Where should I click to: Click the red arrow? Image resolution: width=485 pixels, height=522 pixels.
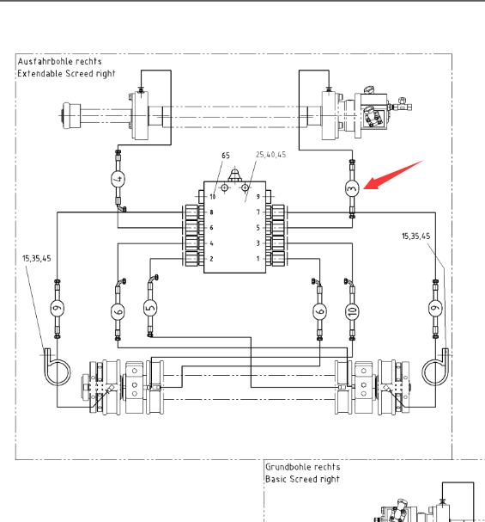point(392,175)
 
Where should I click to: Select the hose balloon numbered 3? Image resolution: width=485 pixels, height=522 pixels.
point(352,188)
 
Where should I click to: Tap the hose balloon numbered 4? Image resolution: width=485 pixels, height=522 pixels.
point(118,179)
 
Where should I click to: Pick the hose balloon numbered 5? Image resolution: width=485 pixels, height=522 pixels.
point(150,308)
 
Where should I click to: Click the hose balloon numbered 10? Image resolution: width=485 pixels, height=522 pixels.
point(352,311)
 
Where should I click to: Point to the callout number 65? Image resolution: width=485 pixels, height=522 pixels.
point(226,156)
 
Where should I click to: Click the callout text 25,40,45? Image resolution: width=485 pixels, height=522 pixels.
point(270,155)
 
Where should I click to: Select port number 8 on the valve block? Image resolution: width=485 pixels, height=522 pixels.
point(211,212)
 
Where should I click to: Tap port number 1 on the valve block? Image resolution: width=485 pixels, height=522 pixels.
point(258,259)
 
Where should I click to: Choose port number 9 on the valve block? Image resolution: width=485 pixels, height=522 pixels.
point(258,196)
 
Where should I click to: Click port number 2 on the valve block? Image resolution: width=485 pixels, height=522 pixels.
point(211,259)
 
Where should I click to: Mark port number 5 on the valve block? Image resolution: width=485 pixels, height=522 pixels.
point(258,228)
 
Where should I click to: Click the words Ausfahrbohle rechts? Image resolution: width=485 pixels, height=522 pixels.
point(59,61)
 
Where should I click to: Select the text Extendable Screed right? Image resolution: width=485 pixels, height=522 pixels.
point(66,74)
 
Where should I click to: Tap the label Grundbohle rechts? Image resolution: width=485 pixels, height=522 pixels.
point(303,467)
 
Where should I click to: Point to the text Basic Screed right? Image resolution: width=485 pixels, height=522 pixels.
point(302,479)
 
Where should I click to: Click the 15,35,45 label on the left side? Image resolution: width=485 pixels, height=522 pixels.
point(37,258)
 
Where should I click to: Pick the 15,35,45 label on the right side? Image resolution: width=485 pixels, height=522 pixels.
point(416,236)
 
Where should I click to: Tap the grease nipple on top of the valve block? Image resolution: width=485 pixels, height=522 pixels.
point(234,175)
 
